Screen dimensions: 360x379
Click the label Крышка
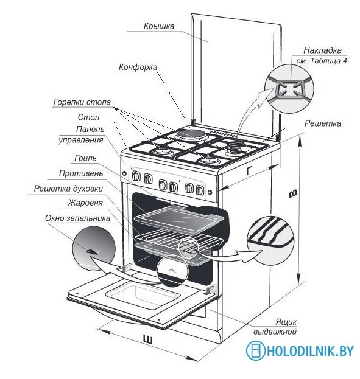(x=159, y=26)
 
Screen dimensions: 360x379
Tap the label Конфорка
(x=138, y=67)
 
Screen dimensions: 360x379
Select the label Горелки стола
(x=82, y=102)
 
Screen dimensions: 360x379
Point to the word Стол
(x=88, y=117)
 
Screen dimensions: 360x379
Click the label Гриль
(x=85, y=158)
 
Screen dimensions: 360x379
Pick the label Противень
(x=81, y=173)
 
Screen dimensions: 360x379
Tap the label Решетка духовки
(x=68, y=189)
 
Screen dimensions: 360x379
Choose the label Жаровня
(x=85, y=203)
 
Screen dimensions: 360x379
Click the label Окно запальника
(x=78, y=218)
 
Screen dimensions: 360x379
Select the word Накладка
(x=322, y=50)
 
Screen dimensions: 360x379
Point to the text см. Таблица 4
(x=322, y=61)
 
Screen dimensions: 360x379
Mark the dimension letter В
(x=293, y=193)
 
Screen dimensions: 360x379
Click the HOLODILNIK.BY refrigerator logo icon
(x=255, y=350)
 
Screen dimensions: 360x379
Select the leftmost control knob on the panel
(x=136, y=176)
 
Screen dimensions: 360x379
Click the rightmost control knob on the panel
(x=200, y=190)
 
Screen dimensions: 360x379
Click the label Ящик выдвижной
(x=275, y=327)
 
